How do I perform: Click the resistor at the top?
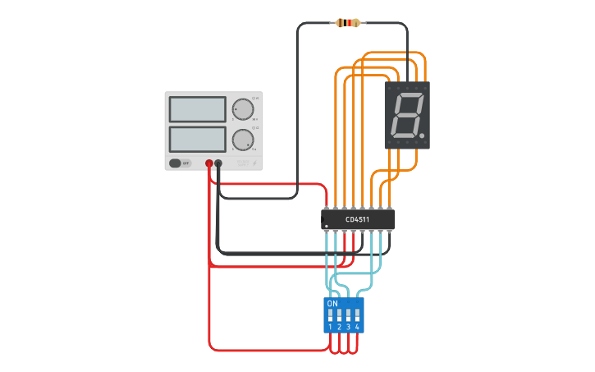[347, 23]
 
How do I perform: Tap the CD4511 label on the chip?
[357, 219]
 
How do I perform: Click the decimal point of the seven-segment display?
[422, 135]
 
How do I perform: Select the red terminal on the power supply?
[209, 163]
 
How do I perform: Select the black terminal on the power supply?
[218, 163]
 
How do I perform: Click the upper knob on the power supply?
[243, 109]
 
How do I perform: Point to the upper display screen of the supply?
[197, 109]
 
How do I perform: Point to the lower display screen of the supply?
[197, 138]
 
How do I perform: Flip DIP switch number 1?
[331, 315]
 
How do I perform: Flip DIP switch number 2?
[340, 315]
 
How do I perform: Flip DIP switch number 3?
[349, 315]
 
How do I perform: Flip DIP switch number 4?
[358, 315]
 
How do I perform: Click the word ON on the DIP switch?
[332, 303]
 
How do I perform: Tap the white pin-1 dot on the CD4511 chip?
[326, 226]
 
